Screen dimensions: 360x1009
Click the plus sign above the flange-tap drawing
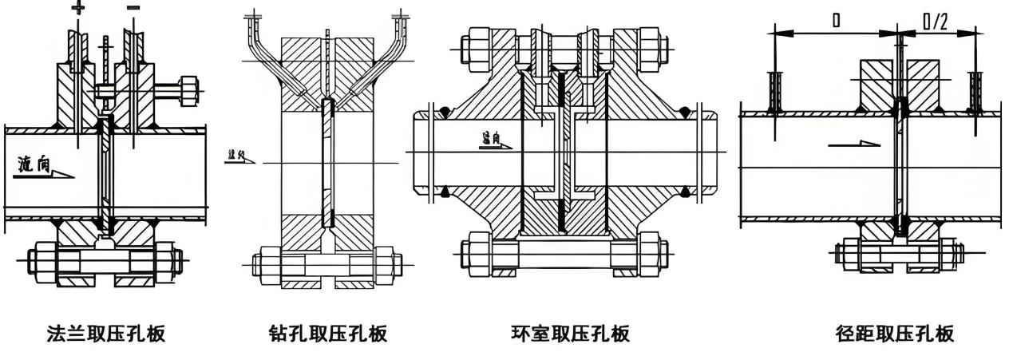point(78,7)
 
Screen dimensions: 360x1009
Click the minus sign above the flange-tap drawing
point(133,7)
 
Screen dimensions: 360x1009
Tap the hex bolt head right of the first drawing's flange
point(191,89)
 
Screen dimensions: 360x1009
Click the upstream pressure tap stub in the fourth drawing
point(773,89)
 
